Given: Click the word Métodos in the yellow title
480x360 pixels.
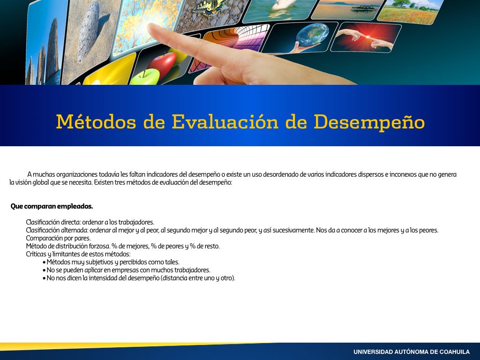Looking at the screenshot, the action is tap(96, 121).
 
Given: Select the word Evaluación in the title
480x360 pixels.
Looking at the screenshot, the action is tap(225, 121).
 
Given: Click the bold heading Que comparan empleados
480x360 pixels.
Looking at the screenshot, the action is tap(52, 206).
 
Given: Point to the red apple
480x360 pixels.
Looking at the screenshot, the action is tap(163, 64).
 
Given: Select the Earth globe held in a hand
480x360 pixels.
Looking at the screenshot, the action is tap(312, 35).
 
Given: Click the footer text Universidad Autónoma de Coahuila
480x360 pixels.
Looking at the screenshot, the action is tap(412, 352).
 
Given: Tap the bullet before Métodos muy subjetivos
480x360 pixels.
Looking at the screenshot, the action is tap(45, 262).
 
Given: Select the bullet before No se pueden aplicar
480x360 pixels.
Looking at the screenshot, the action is tap(45, 270).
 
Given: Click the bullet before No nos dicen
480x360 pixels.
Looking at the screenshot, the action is tap(45, 278).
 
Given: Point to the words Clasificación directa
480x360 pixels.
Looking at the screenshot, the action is tap(53, 222).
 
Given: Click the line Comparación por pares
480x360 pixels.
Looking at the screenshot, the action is tap(58, 238).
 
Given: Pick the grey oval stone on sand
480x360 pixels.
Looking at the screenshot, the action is tap(89, 32).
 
